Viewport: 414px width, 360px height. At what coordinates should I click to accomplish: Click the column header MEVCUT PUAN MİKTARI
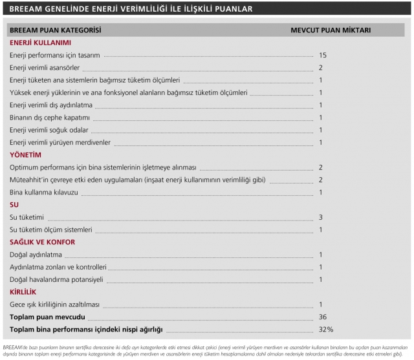pyautogui.click(x=330, y=30)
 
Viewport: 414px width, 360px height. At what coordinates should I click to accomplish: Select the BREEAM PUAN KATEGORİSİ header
pyautogui.click(x=55, y=30)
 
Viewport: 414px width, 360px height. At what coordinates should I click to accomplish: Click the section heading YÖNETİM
pyautogui.click(x=25, y=155)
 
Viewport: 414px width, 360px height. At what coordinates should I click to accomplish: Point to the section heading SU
pyautogui.click(x=14, y=204)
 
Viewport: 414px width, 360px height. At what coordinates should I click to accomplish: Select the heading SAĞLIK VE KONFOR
pyautogui.click(x=43, y=242)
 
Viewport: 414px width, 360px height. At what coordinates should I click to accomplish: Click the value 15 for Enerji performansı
pyautogui.click(x=322, y=56)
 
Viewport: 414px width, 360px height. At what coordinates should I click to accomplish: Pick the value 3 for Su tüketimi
pyautogui.click(x=321, y=217)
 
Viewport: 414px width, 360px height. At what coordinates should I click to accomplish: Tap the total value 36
pyautogui.click(x=323, y=317)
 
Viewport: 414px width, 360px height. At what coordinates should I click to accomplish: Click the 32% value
pyautogui.click(x=325, y=330)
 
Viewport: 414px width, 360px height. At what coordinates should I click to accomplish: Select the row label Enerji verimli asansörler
pyautogui.click(x=45, y=68)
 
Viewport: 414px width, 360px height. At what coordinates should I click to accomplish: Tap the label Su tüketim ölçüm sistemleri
pyautogui.click(x=51, y=229)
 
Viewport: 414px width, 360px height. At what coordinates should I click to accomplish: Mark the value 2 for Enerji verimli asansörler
pyautogui.click(x=321, y=68)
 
